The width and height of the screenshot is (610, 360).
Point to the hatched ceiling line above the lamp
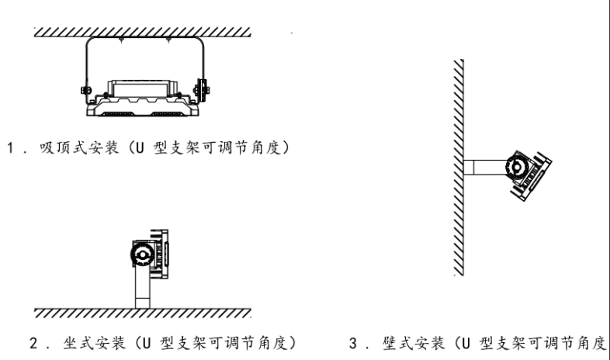144,32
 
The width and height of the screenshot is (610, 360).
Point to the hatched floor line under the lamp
144,313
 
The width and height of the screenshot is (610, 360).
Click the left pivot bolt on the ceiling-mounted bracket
85,92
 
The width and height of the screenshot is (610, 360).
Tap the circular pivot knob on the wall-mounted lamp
516,165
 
